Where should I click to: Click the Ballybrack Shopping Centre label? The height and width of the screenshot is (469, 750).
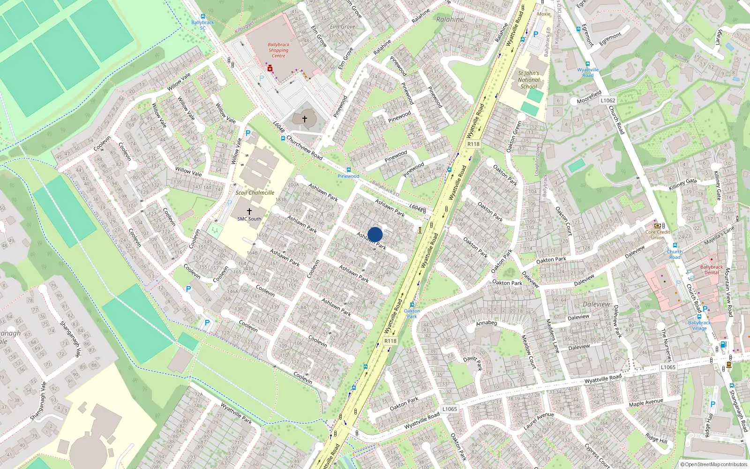[x=278, y=50]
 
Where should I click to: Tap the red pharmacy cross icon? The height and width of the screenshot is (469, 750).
[x=270, y=68]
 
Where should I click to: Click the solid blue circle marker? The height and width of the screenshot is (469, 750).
[x=375, y=234]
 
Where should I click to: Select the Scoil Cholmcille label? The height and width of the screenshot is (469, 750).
[x=255, y=193]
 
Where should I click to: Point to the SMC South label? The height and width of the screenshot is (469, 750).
[x=249, y=219]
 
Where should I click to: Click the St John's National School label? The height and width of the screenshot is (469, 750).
[x=529, y=80]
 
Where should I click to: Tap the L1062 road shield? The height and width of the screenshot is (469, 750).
[x=608, y=100]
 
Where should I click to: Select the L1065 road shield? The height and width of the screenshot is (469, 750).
[x=668, y=367]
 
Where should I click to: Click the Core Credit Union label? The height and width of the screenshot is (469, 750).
[x=658, y=234]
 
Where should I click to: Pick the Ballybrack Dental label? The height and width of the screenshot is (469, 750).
[x=712, y=270]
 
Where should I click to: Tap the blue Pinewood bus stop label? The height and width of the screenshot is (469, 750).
[x=348, y=176]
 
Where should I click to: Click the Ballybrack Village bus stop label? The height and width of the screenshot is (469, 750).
[x=699, y=325]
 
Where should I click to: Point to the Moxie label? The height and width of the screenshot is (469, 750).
[x=544, y=14]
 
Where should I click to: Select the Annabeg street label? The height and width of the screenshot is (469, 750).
[x=486, y=323]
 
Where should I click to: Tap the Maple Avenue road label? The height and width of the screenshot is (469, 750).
[x=646, y=403]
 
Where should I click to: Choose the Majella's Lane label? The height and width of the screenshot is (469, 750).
[x=719, y=236]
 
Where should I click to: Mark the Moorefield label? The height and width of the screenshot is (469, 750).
[x=589, y=97]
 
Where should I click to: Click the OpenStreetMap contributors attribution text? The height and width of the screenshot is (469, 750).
[x=716, y=464]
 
